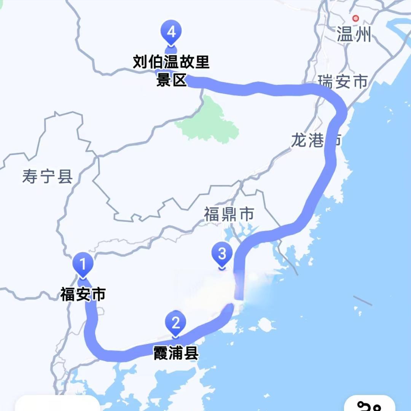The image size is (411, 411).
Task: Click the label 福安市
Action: pos(83,295)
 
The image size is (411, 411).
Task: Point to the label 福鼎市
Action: pos(229,215)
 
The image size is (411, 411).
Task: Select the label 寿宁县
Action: pos(47,177)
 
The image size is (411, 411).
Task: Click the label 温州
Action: pos(354,36)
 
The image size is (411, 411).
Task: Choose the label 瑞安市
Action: pos(343,81)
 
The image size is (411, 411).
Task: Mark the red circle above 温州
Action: pos(355,18)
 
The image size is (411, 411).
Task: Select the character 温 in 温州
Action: pos(345,36)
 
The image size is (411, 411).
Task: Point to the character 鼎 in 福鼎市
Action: pos(229,215)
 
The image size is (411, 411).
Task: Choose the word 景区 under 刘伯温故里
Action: pos(171,81)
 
